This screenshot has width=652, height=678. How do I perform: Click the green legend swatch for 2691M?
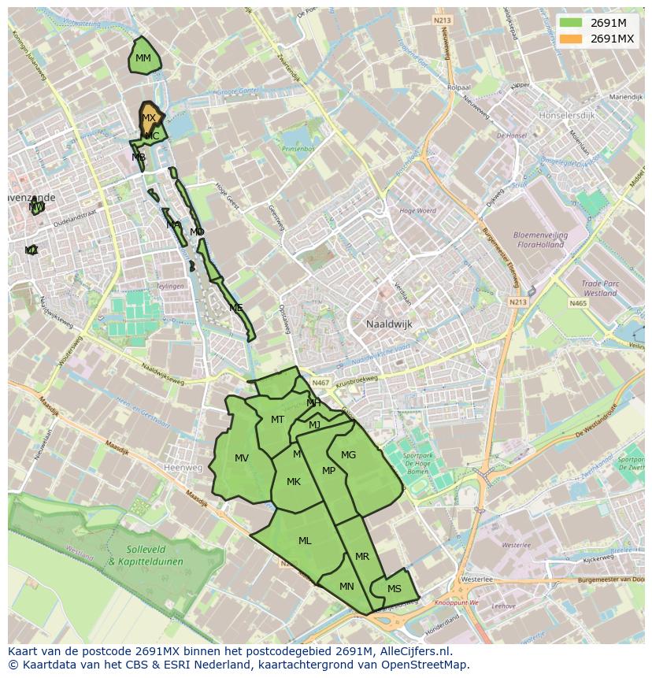[x=572, y=23]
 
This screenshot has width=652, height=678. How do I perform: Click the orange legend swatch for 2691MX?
[x=572, y=39]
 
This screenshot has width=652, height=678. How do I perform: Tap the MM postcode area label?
[x=143, y=58]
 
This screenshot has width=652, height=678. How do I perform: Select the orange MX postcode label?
[x=148, y=118]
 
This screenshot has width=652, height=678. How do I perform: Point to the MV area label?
[x=242, y=458]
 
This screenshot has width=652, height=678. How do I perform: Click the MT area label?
[x=277, y=420]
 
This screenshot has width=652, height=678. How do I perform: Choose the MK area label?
[x=293, y=482]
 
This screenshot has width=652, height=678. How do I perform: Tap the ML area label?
[x=305, y=541]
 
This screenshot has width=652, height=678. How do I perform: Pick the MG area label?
[x=348, y=455]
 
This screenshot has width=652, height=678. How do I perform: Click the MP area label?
[x=329, y=471]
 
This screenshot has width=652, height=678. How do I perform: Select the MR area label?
[x=361, y=557]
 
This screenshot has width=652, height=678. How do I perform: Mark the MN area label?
[x=346, y=587]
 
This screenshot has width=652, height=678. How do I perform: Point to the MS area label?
[x=394, y=589]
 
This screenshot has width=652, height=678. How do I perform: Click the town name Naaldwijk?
[x=389, y=324]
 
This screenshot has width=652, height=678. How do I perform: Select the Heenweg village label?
[x=183, y=467]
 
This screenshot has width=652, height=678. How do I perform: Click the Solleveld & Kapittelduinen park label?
[x=145, y=556]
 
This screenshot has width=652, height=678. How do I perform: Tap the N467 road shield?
[x=320, y=383]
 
